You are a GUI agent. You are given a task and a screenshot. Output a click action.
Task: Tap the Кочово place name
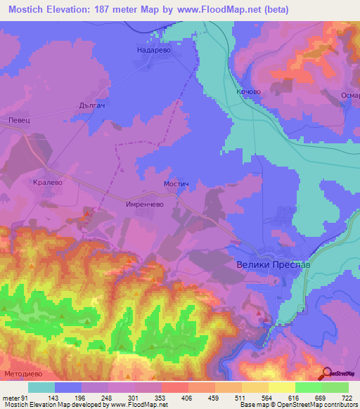point(249,91)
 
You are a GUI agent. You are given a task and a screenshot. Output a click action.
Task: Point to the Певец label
point(19,121)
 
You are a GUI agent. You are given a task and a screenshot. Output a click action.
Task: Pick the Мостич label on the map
point(176,183)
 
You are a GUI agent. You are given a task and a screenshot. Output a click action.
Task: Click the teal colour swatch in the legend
point(41,387)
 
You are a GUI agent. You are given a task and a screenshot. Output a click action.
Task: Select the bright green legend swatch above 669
point(309,387)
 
